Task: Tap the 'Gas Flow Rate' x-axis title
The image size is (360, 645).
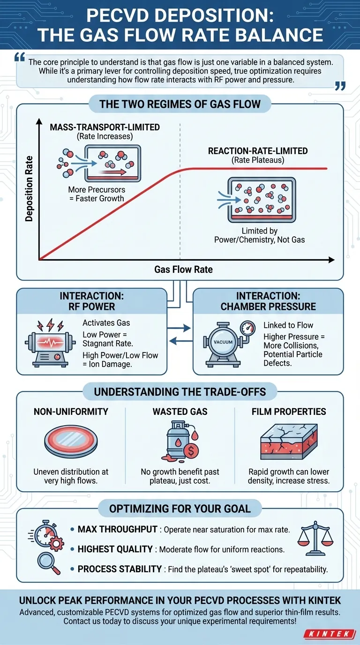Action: coord(183,270)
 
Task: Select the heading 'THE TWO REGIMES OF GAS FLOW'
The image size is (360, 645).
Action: coord(180,104)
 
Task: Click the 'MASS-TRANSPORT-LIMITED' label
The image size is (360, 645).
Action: coord(105,127)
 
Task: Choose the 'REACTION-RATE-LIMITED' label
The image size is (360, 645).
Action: coord(258,151)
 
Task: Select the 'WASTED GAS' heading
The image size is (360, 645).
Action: coord(180,412)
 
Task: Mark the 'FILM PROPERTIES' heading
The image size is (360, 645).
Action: coord(288,412)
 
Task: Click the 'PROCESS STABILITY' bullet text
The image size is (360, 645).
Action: coord(120,569)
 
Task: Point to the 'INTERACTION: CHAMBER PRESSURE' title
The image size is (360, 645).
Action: coord(269,301)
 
